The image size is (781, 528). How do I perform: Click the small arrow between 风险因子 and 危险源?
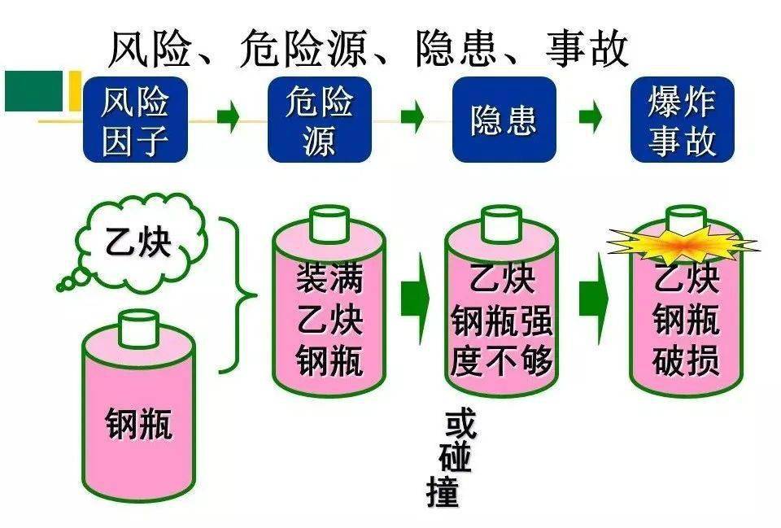[x=229, y=119]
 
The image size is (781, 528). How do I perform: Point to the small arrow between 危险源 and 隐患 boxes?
[x=412, y=119]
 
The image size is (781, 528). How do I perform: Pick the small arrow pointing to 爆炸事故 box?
[x=591, y=119]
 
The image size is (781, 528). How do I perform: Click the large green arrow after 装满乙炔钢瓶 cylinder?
[x=415, y=299]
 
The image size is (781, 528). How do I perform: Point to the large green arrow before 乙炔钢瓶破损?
[x=594, y=299]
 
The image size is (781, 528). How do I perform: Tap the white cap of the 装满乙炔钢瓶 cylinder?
[x=329, y=221]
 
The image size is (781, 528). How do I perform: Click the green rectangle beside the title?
[x=33, y=90]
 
